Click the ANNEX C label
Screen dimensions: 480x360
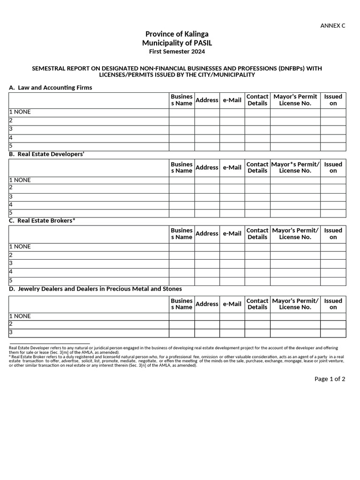(332, 26)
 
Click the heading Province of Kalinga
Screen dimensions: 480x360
(177, 34)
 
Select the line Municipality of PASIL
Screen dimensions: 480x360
(177, 43)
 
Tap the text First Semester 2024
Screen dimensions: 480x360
(177, 52)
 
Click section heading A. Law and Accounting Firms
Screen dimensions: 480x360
(51, 88)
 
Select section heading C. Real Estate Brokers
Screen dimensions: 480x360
(42, 220)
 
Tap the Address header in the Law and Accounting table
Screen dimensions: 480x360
(207, 100)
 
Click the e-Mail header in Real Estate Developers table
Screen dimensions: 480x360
(232, 167)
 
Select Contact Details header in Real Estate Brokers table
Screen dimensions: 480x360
(257, 233)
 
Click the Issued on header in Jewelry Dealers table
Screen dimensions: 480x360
(333, 304)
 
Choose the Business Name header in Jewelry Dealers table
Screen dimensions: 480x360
(181, 304)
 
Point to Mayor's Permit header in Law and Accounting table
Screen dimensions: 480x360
(295, 100)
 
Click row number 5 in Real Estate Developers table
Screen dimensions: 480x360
(11, 213)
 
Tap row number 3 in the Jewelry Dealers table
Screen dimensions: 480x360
(11, 333)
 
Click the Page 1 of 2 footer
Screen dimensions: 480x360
(330, 379)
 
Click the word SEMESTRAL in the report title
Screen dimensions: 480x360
(50, 68)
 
